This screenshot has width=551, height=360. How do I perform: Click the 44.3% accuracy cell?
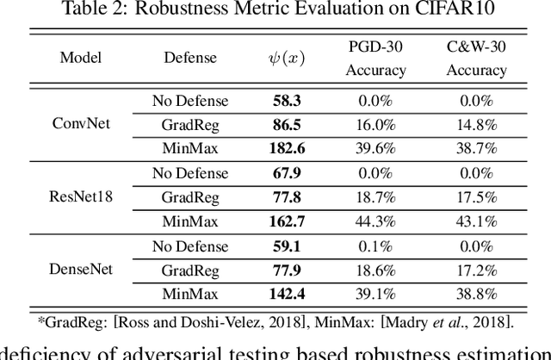pyautogui.click(x=375, y=221)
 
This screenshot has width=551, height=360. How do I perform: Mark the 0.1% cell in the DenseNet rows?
pyautogui.click(x=375, y=246)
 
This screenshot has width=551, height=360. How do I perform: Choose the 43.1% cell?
pyautogui.click(x=476, y=221)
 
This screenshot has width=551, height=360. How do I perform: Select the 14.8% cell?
pyautogui.click(x=476, y=124)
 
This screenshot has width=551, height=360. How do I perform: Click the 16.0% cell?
pyautogui.click(x=375, y=124)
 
